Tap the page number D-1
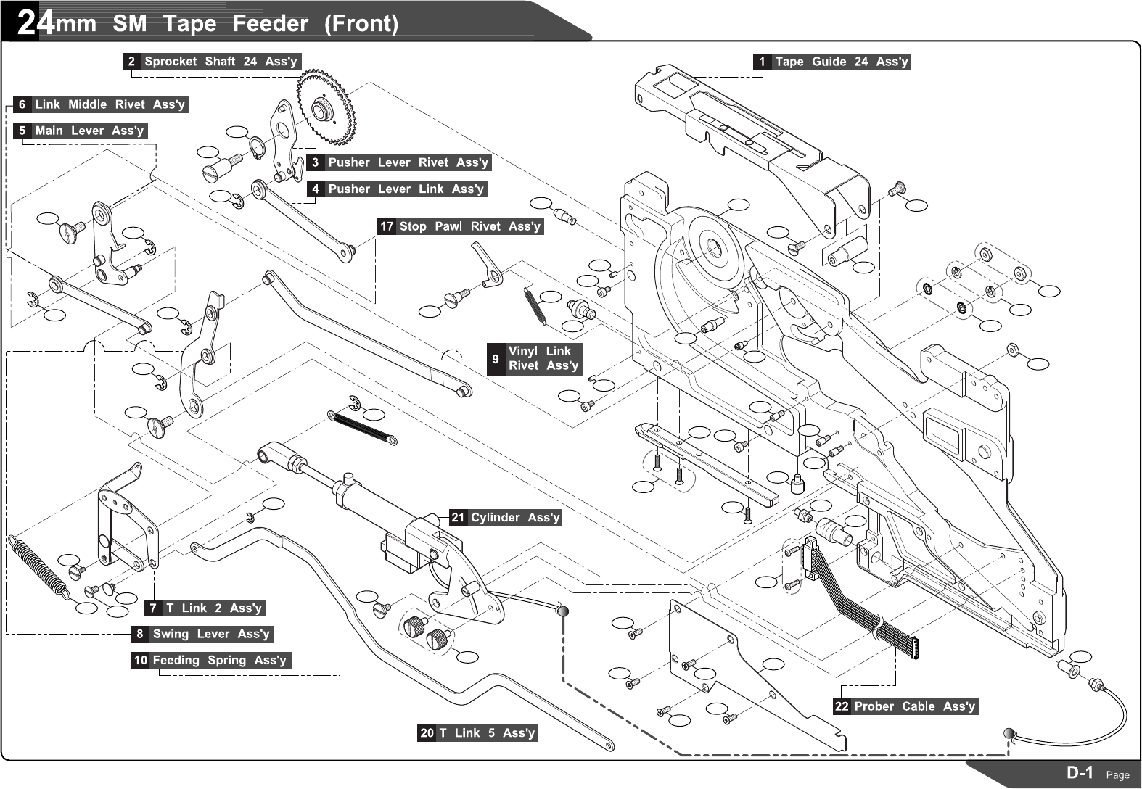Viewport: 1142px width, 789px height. [1079, 772]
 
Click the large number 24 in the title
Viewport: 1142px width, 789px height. [35, 23]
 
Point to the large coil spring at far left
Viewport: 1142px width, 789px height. [38, 566]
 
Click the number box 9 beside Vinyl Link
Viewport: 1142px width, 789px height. [496, 358]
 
